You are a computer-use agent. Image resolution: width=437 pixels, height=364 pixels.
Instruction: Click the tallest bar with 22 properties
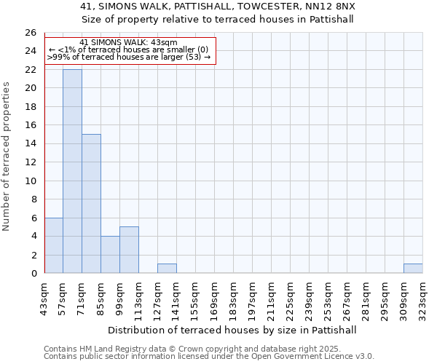pyautogui.click(x=72, y=171)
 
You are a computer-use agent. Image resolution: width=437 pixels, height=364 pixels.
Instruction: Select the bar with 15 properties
pyautogui.click(x=91, y=204)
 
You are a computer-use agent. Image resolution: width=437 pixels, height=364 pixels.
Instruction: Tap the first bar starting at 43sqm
pyautogui.click(x=53, y=245)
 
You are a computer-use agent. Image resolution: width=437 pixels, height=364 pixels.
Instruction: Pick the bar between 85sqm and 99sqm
pyautogui.click(x=110, y=255)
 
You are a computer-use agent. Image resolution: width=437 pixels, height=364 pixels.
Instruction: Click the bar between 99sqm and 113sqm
pyautogui.click(x=129, y=250)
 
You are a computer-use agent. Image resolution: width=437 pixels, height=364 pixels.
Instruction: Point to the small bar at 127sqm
pyautogui.click(x=167, y=269)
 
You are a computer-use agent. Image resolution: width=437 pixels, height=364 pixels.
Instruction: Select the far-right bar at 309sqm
pyautogui.click(x=413, y=269)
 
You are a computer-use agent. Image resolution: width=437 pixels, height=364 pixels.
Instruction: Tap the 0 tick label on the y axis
pyautogui.click(x=33, y=274)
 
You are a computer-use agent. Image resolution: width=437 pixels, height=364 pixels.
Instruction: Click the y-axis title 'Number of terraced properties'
pyautogui.click(x=7, y=156)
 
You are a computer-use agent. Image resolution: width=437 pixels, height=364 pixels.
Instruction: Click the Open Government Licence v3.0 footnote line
pyautogui.click(x=209, y=357)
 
